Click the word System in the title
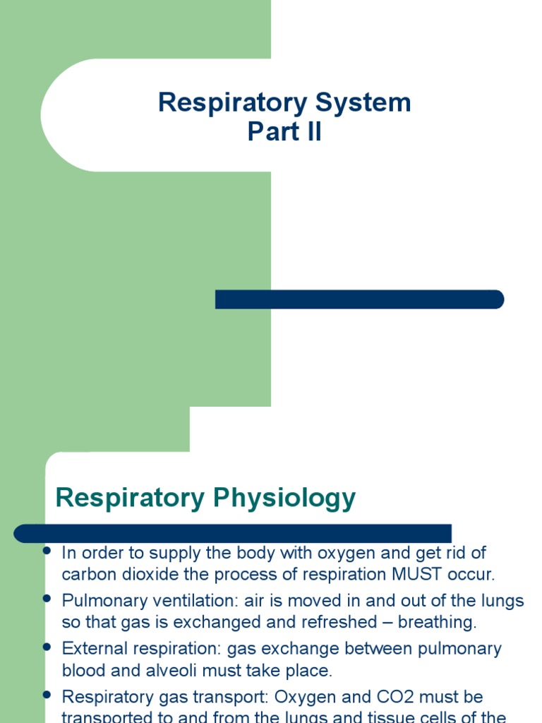pos(364,103)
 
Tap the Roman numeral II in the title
pos(310,132)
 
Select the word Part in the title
pos(271,132)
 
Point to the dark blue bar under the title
pos(359,299)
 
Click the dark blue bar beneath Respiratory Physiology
pos(233,532)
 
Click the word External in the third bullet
pos(90,648)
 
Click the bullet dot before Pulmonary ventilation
pos(48,599)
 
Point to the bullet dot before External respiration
pos(48,646)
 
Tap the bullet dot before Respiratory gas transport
pos(48,695)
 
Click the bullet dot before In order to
pos(48,551)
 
